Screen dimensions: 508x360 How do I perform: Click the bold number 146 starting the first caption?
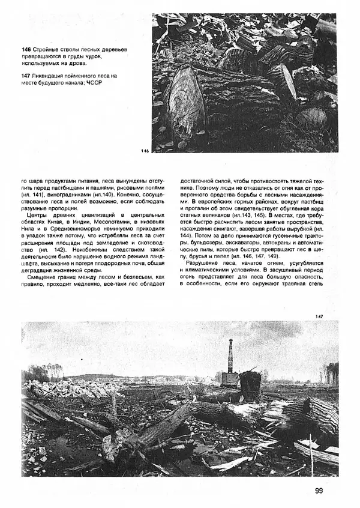pos(25,49)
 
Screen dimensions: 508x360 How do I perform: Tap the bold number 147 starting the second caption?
pos(25,76)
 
